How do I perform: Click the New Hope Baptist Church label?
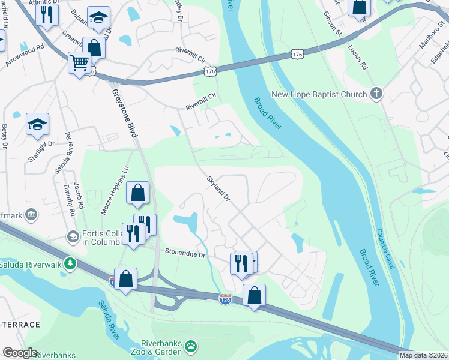pos(319,94)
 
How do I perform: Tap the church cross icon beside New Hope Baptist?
pos(376,94)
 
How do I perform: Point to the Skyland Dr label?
pos(218,188)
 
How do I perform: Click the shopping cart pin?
pos(79,62)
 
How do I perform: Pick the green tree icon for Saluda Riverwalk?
pos(71,263)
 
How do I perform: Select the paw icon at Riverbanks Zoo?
pos(191,346)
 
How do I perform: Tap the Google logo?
pos(19,353)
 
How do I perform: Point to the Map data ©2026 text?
pos(423,355)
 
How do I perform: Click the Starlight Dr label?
pos(41,144)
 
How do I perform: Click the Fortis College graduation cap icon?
pos(73,236)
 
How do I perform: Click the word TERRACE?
pos(20,325)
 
